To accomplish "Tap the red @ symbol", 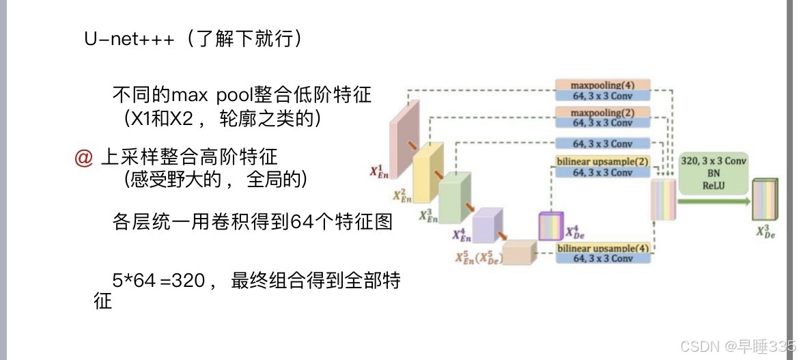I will [83, 158].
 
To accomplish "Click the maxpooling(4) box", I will [602, 85].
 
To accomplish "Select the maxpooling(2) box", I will [602, 111].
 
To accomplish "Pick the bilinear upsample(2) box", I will [602, 162].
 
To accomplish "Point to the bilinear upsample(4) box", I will [602, 247].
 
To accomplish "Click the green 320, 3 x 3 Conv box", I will [714, 174].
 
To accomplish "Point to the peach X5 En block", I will [520, 251].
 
